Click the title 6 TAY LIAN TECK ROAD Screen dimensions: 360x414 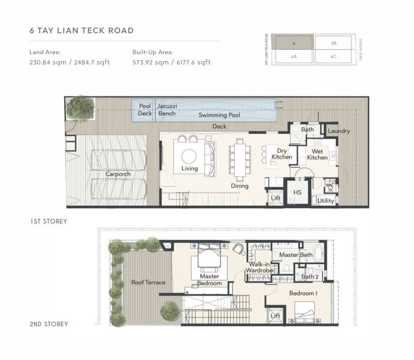pos(81,30)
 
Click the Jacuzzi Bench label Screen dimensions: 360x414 pos(166,110)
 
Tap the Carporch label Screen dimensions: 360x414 pos(118,174)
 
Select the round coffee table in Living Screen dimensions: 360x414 pos(189,156)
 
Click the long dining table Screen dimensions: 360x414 pos(240,159)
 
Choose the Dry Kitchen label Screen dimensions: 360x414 pos(281,154)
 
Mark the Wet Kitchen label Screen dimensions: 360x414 pos(317,154)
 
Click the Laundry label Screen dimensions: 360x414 pos(339,131)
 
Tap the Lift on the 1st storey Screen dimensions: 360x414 pos(275,197)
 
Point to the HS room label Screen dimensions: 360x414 pos(297,193)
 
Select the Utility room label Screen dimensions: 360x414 pos(326,201)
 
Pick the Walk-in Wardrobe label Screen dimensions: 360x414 pos(259,268)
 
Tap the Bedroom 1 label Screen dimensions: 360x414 pos(302,293)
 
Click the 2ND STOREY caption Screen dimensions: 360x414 pos(49,324)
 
